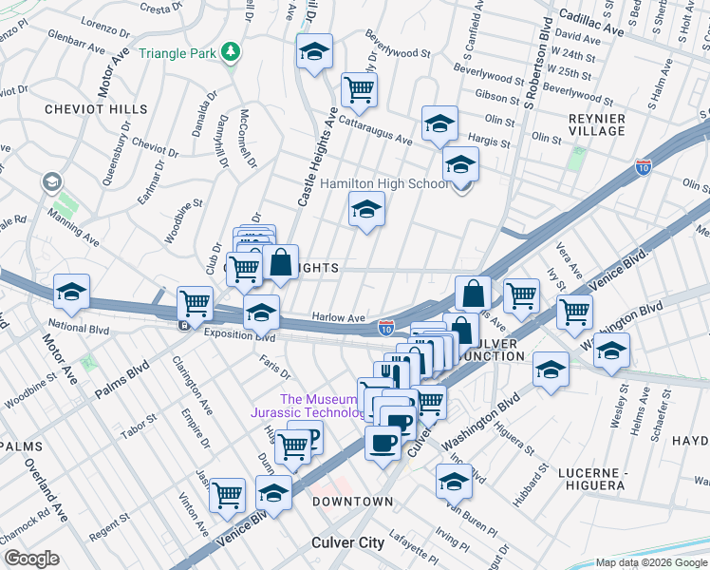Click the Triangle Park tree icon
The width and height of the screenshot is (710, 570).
click(x=229, y=52)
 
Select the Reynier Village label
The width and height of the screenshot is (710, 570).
click(x=595, y=124)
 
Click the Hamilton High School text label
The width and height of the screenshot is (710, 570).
click(x=384, y=183)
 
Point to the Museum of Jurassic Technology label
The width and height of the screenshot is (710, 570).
click(x=321, y=406)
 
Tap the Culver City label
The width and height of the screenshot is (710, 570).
click(x=347, y=542)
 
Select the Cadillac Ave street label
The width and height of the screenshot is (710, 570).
click(x=590, y=30)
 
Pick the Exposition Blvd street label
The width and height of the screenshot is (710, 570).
click(x=239, y=336)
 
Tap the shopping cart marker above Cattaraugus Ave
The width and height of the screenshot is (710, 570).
click(x=359, y=91)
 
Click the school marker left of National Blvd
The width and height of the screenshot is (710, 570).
click(x=71, y=293)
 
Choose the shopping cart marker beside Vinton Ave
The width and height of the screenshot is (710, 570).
click(x=228, y=494)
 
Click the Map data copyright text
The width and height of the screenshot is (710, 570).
click(x=651, y=562)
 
